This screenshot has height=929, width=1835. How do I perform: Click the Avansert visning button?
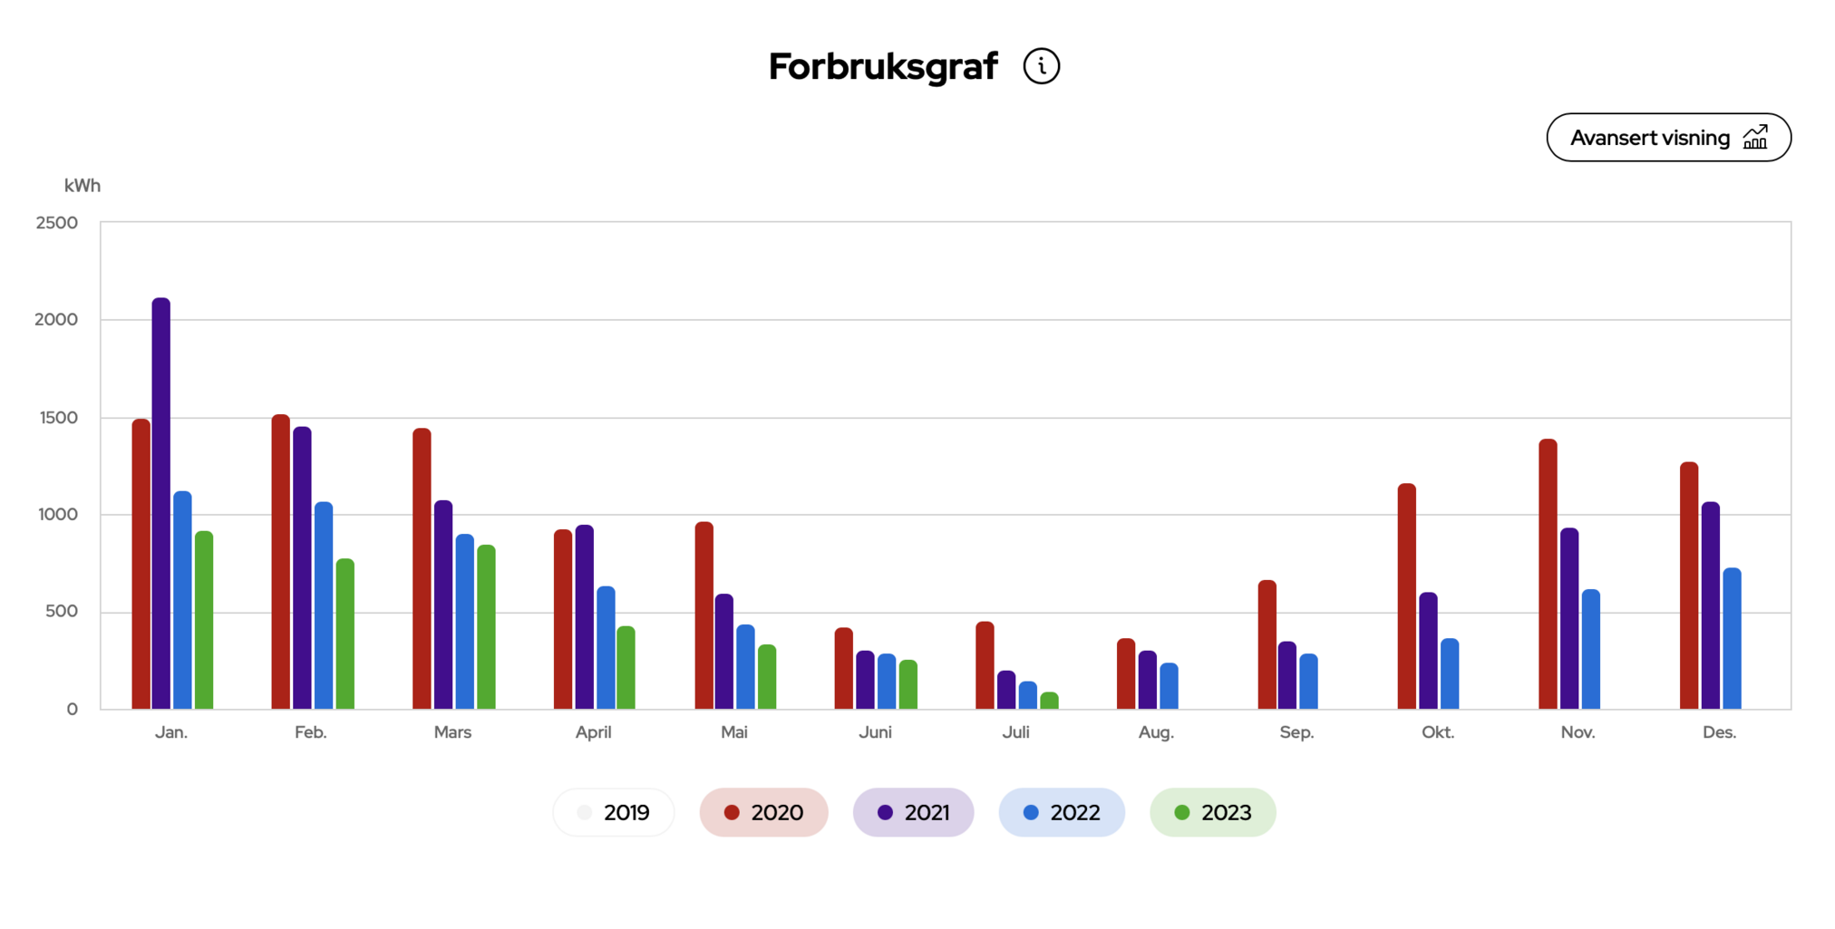tap(1667, 138)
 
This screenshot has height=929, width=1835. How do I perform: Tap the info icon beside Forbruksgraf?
tap(1041, 66)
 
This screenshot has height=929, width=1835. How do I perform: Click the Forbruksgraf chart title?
tap(882, 66)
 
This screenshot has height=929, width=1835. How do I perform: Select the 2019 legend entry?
tap(614, 812)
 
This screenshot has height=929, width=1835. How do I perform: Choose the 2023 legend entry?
tap(1212, 812)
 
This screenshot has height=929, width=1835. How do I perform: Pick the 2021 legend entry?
tap(913, 812)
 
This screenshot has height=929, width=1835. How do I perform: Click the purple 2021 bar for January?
tap(161, 504)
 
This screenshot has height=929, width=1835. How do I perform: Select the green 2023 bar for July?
tap(1049, 701)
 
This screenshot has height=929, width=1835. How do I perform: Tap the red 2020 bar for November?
tap(1548, 575)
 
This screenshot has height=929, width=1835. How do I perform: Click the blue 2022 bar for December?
tap(1732, 639)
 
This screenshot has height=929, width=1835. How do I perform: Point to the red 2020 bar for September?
tap(1267, 645)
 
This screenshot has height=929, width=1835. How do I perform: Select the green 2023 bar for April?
tap(626, 668)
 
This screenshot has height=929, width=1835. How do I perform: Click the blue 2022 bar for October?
tap(1450, 674)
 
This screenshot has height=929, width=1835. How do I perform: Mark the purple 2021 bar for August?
tap(1148, 680)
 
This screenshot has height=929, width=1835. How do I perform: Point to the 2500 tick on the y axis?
tap(57, 223)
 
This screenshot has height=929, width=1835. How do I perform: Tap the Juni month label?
tap(875, 732)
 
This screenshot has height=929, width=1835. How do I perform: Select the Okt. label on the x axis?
tap(1437, 732)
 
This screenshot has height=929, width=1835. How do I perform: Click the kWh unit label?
tap(83, 186)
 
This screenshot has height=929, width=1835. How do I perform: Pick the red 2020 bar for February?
tap(281, 562)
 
